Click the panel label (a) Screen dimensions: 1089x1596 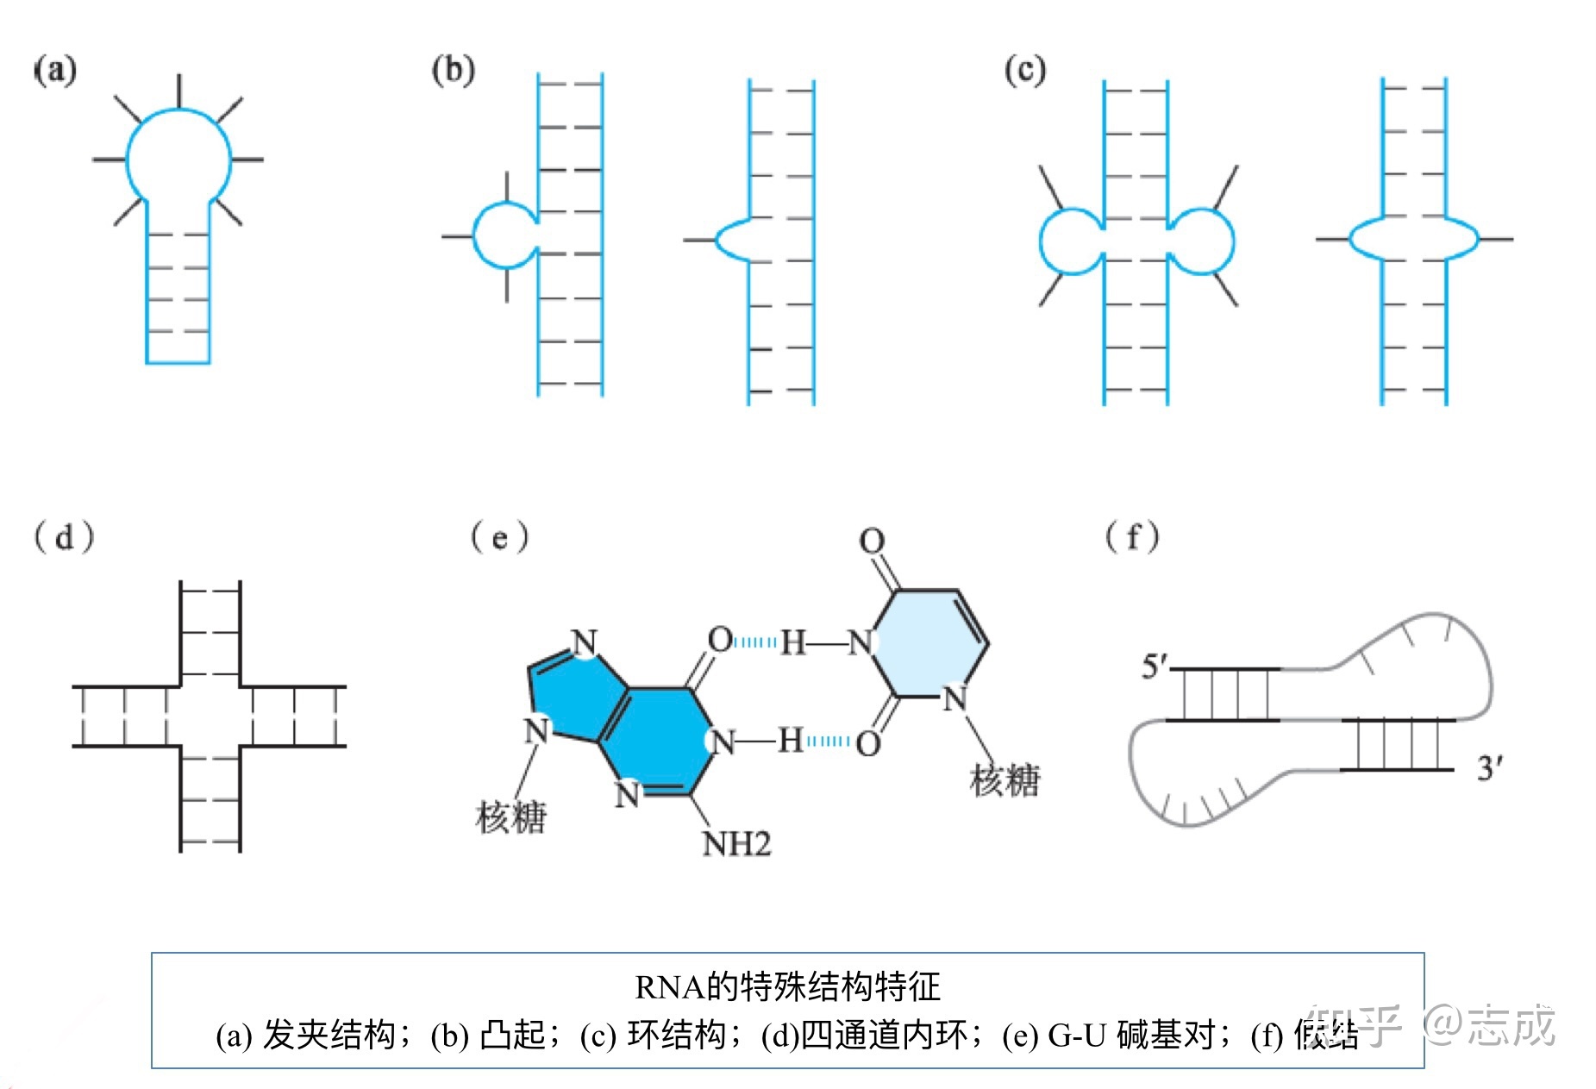[55, 70]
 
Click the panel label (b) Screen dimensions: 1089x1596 [453, 70]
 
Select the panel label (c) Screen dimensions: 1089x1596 [1024, 70]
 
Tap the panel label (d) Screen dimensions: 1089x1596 [63, 537]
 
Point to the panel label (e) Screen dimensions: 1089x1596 [499, 537]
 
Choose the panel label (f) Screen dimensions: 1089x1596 [1132, 537]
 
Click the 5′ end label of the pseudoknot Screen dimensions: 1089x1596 [1155, 667]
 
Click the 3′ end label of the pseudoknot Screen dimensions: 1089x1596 [1490, 767]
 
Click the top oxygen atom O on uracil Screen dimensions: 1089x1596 [872, 541]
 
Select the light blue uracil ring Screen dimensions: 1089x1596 [932, 642]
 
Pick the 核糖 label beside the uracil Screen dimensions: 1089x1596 [1005, 780]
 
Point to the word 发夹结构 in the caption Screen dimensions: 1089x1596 [329, 1035]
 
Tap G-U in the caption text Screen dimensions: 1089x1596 [1077, 1035]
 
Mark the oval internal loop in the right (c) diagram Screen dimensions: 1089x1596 [1413, 238]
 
